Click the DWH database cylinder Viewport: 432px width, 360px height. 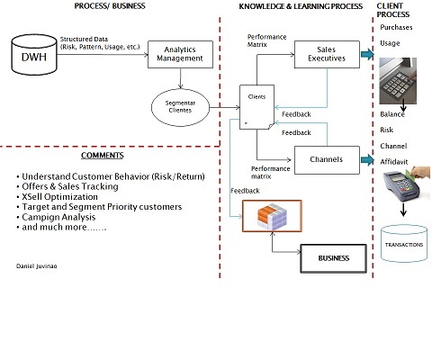click(34, 55)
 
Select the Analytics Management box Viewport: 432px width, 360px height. click(180, 54)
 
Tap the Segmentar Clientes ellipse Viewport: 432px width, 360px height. click(180, 107)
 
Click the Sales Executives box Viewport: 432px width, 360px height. click(327, 54)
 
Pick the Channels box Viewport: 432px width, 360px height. click(327, 160)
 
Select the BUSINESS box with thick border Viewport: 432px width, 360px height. click(334, 258)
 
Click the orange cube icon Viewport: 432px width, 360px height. click(272, 216)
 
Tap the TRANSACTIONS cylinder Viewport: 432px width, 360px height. click(404, 244)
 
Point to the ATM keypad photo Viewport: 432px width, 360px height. click(398, 81)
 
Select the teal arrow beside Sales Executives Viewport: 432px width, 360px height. click(367, 54)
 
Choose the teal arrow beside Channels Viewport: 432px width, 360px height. click(367, 160)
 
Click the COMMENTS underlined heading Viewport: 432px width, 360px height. click(103, 156)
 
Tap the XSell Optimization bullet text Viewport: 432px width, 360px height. click(60, 197)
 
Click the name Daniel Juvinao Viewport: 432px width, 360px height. click(37, 266)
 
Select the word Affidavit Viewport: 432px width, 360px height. click(394, 162)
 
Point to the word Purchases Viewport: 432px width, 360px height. click(396, 27)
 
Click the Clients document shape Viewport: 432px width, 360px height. click(256, 107)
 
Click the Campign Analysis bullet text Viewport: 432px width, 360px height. click(58, 217)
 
